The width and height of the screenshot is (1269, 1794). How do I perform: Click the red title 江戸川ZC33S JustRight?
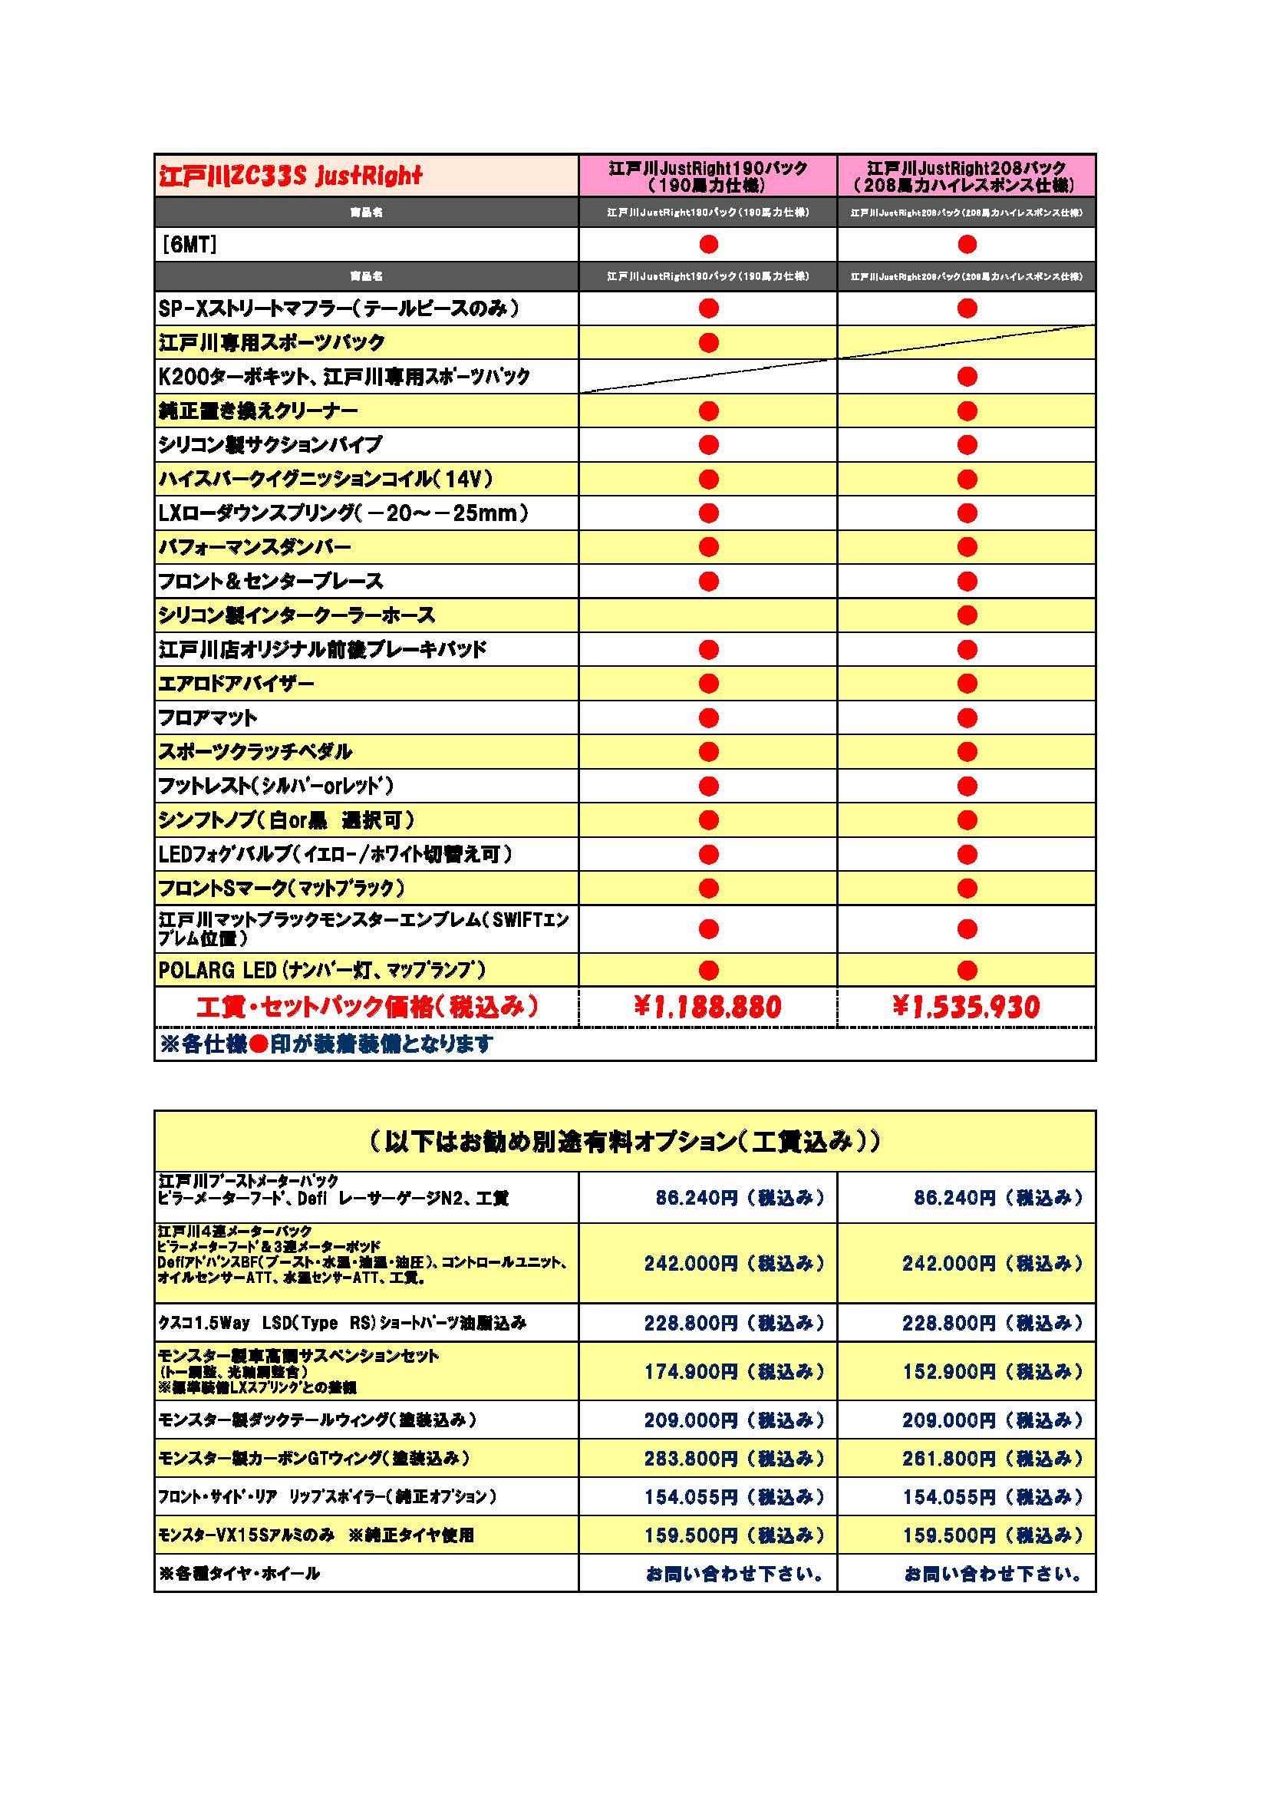coord(290,176)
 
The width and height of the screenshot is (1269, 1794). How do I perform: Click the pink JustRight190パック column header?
coord(707,176)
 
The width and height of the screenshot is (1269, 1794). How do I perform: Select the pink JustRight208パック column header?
coord(967,176)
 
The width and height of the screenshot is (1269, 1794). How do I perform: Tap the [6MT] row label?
coord(188,246)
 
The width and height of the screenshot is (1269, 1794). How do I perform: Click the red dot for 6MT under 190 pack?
coord(709,245)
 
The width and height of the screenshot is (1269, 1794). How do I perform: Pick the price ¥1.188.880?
coord(708,1007)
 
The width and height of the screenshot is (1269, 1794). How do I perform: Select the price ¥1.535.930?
coord(967,1007)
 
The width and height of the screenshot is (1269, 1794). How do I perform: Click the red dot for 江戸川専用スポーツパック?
coord(709,342)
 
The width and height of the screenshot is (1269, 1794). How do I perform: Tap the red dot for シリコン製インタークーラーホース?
coord(967,615)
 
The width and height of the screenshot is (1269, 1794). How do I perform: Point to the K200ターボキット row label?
coord(344,377)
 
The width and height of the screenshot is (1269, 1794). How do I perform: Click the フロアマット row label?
coord(208,717)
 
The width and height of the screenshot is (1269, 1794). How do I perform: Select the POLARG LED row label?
coord(322,970)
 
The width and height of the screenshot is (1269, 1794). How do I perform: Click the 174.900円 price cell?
coord(733,1371)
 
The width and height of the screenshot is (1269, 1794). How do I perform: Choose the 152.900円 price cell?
coord(992,1371)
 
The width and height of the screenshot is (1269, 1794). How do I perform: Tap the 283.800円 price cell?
coord(733,1458)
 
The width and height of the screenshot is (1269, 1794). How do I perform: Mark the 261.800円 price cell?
coord(992,1458)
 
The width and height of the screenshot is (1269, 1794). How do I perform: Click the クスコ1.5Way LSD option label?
coord(342,1323)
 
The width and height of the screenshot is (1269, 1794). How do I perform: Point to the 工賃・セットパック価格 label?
coord(368,1007)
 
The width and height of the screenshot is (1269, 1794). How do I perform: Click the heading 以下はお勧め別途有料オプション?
coord(625,1142)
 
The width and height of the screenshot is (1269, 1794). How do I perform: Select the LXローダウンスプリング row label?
coord(344,513)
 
